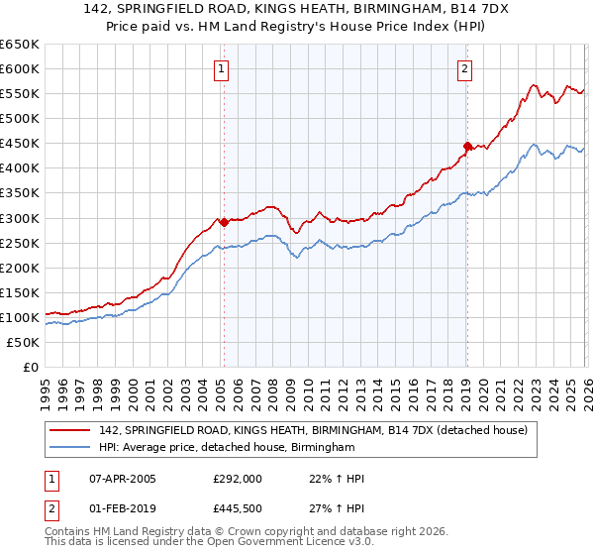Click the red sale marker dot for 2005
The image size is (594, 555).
224,222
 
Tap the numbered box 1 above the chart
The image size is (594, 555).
220,69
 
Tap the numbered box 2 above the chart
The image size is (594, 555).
463,69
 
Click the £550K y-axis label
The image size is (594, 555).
20,94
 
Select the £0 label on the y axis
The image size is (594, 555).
30,368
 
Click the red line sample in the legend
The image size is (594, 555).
71,430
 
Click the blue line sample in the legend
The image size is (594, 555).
71,448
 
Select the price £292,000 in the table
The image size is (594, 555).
238,479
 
